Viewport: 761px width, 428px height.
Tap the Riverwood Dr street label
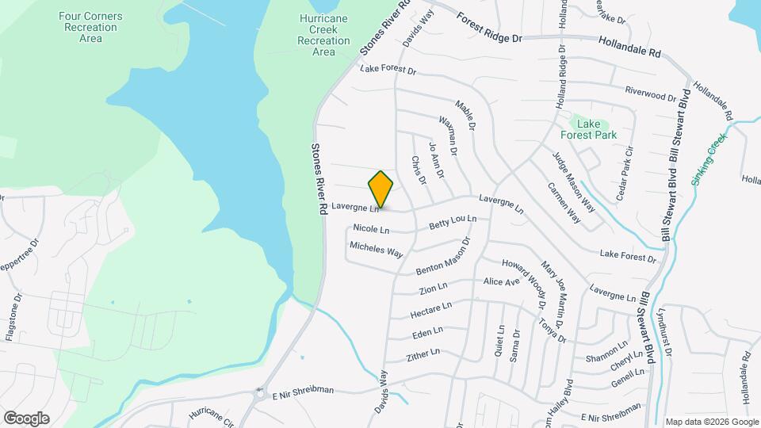coord(650,94)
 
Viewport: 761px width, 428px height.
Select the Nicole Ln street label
coord(371,230)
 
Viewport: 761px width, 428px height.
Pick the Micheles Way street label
coord(377,250)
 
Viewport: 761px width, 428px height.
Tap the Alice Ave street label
coord(501,282)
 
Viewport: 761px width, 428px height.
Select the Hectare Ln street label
coord(431,310)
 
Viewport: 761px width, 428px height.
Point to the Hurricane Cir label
coord(212,415)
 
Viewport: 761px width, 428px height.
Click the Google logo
coord(26,418)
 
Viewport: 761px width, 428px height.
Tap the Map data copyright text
coord(712,422)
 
